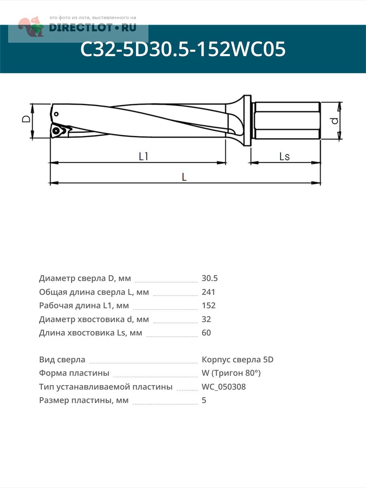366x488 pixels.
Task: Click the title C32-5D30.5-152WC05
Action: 183,50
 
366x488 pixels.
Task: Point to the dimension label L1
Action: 143,156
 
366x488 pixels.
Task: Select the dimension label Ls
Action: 285,157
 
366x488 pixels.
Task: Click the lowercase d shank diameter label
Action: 334,121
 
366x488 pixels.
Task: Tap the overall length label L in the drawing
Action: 184,177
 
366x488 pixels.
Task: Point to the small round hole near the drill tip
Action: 56,114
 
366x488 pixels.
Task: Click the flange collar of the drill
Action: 247,120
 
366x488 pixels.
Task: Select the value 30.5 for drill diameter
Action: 210,279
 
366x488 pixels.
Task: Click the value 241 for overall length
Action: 208,292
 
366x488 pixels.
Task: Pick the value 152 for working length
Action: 209,305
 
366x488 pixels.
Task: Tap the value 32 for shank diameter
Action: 206,319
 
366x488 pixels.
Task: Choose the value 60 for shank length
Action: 206,333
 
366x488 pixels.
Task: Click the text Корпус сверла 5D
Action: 237,360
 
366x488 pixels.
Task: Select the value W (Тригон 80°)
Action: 231,373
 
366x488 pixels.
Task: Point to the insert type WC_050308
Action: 224,387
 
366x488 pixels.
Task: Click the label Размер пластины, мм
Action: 84,400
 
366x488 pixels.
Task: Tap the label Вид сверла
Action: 62,360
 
